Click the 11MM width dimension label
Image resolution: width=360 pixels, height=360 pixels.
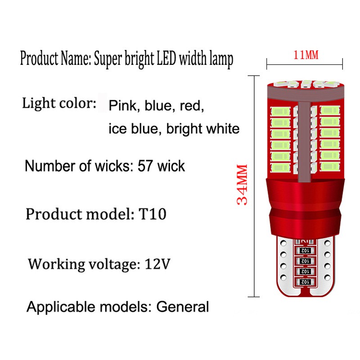pos(306,55)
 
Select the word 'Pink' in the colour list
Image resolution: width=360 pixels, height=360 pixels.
pos(120,106)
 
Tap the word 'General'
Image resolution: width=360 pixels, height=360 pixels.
pos(183,307)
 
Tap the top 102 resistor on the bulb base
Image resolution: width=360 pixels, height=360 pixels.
pos(304,249)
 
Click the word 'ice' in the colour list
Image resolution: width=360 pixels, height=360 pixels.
pos(117,129)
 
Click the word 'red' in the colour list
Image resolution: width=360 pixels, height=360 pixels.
pos(191,107)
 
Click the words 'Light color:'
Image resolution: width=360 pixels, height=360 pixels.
pos(59,104)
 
